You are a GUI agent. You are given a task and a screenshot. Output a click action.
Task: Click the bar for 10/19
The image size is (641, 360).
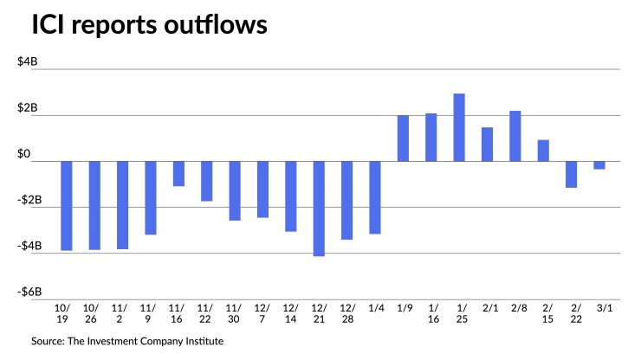tap(66, 206)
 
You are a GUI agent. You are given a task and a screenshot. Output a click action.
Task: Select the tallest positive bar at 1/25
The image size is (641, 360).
tap(459, 127)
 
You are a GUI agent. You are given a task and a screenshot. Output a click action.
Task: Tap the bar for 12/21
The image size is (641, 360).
tap(319, 209)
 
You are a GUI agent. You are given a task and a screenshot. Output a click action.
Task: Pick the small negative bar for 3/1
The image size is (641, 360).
tap(599, 164)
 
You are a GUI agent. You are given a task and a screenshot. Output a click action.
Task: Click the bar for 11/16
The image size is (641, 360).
tap(178, 173)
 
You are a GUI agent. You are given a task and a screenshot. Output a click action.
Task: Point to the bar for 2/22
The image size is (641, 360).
tap(571, 174)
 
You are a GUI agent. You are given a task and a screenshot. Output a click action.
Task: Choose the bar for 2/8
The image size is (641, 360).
tap(515, 136)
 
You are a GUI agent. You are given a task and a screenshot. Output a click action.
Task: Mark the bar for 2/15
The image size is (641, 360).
tap(543, 151)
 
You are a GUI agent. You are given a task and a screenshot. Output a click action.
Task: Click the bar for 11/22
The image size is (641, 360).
tap(206, 181)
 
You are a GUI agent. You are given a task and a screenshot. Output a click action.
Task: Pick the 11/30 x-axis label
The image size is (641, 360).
tap(234, 314)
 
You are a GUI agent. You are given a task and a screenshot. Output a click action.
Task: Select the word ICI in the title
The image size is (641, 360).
tap(49, 28)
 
